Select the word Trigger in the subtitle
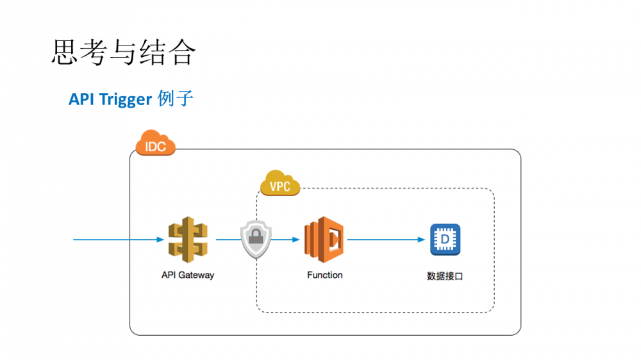(x=127, y=99)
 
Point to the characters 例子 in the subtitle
(x=175, y=99)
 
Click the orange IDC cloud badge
(x=155, y=144)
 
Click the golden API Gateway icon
(x=188, y=240)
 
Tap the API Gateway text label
(x=188, y=275)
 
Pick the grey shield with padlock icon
(x=256, y=240)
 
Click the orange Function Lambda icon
(x=324, y=240)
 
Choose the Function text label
(x=324, y=275)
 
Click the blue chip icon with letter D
(x=444, y=240)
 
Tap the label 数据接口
(x=444, y=276)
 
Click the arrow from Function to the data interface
(x=385, y=240)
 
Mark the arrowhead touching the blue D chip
(x=422, y=240)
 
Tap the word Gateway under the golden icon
(x=197, y=275)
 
